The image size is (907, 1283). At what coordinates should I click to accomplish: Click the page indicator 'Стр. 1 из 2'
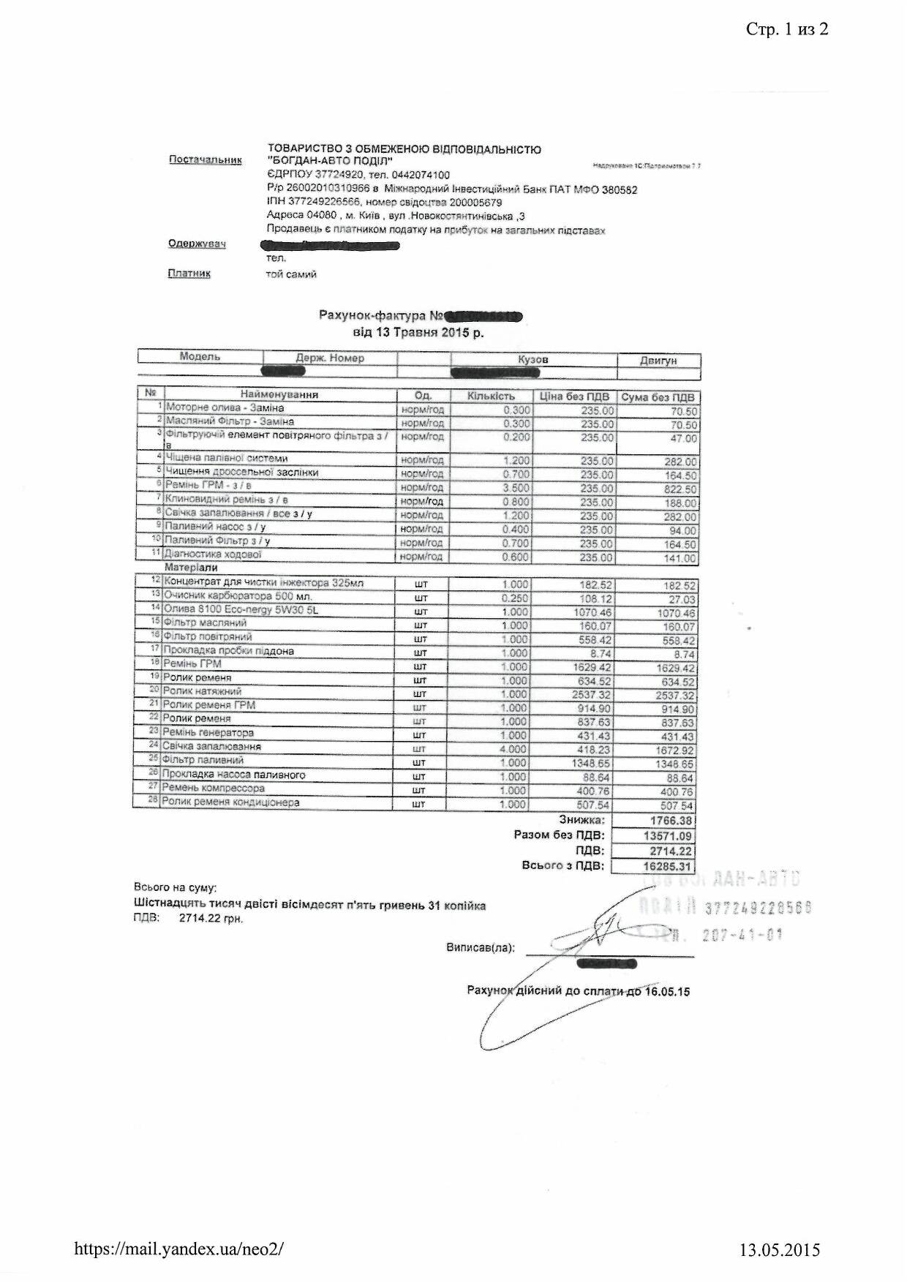[787, 29]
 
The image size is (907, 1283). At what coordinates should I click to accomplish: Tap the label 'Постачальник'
[206, 159]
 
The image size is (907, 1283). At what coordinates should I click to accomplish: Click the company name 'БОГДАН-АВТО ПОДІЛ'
[331, 162]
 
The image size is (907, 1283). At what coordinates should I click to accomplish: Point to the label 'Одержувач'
[197, 244]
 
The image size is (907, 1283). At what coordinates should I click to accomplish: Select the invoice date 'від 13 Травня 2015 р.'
[418, 332]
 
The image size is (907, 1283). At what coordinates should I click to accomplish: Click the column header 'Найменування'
[279, 394]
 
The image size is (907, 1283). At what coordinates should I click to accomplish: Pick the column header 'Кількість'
[491, 396]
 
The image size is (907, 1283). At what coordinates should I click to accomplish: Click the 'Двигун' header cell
[658, 361]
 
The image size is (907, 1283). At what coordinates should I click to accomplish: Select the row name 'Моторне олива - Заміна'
[225, 407]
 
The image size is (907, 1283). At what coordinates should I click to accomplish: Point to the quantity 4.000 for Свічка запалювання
[513, 749]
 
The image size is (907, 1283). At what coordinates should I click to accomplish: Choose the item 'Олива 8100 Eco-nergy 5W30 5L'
[241, 609]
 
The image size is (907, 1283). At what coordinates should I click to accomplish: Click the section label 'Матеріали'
[191, 568]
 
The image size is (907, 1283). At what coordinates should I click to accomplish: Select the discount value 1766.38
[670, 821]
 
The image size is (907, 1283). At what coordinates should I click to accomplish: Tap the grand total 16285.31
[666, 867]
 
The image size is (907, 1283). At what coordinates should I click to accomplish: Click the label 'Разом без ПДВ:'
[559, 835]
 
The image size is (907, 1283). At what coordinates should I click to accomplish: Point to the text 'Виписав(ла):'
[480, 947]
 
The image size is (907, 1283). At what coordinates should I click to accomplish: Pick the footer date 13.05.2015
[780, 1250]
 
